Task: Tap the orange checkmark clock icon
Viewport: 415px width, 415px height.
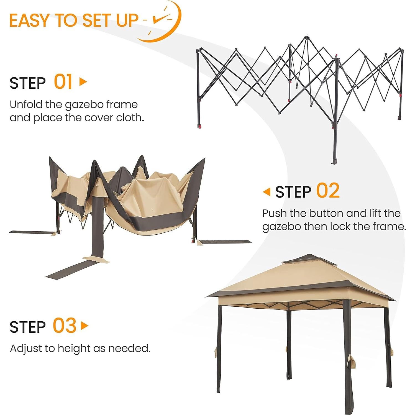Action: click(162, 21)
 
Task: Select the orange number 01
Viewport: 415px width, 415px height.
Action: click(63, 82)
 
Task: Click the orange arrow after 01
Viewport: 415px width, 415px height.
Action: click(83, 82)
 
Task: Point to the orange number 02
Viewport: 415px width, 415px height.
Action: click(328, 191)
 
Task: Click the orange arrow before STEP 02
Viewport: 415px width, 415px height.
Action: click(267, 192)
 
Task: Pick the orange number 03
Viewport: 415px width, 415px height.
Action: click(65, 326)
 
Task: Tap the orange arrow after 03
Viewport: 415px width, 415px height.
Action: click(84, 326)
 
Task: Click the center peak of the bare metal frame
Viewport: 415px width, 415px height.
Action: click(306, 37)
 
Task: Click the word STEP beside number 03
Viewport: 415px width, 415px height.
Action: click(28, 327)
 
